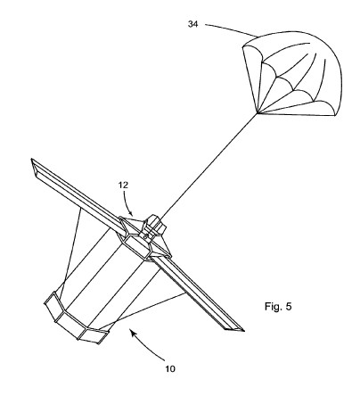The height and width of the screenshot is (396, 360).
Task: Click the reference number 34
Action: tap(192, 24)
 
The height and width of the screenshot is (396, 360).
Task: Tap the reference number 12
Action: tap(123, 186)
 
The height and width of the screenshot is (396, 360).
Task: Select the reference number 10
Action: tap(170, 369)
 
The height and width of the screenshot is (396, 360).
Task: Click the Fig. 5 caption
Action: tap(278, 306)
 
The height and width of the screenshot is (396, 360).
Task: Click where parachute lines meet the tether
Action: tap(258, 113)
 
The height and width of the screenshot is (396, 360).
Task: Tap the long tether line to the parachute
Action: tap(209, 168)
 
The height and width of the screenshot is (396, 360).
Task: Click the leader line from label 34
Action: tap(231, 29)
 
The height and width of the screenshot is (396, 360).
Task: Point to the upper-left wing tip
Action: tap(31, 160)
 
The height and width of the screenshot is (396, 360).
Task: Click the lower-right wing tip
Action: tap(243, 330)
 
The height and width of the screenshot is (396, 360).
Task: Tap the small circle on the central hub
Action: tap(146, 236)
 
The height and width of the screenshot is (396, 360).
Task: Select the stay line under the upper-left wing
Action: tap(70, 253)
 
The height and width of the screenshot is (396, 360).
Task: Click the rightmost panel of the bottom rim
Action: tap(94, 336)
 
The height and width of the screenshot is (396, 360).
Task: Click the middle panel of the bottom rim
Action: tap(70, 325)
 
